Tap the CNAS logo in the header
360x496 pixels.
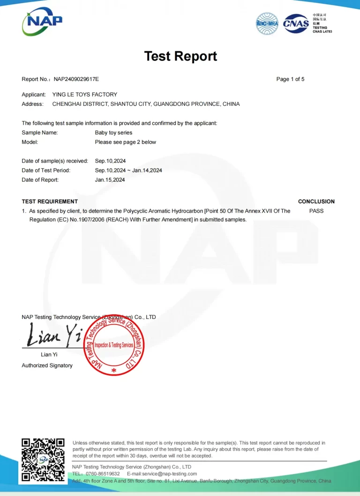(296, 23)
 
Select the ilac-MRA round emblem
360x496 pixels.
(267, 23)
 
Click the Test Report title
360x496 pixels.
(180, 56)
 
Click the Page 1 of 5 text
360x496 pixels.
(290, 79)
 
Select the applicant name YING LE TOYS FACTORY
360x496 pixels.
(85, 95)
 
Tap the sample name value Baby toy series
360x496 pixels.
(113, 133)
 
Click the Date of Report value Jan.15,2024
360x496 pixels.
(110, 180)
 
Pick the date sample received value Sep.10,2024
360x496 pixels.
(110, 161)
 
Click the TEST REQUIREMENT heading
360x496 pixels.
(50, 201)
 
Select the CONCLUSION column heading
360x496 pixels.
(316, 201)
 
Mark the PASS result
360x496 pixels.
(316, 211)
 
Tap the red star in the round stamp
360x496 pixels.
(114, 370)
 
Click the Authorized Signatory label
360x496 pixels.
(47, 365)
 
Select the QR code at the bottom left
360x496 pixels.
(43, 459)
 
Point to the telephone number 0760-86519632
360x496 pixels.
(103, 474)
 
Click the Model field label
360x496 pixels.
(30, 142)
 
